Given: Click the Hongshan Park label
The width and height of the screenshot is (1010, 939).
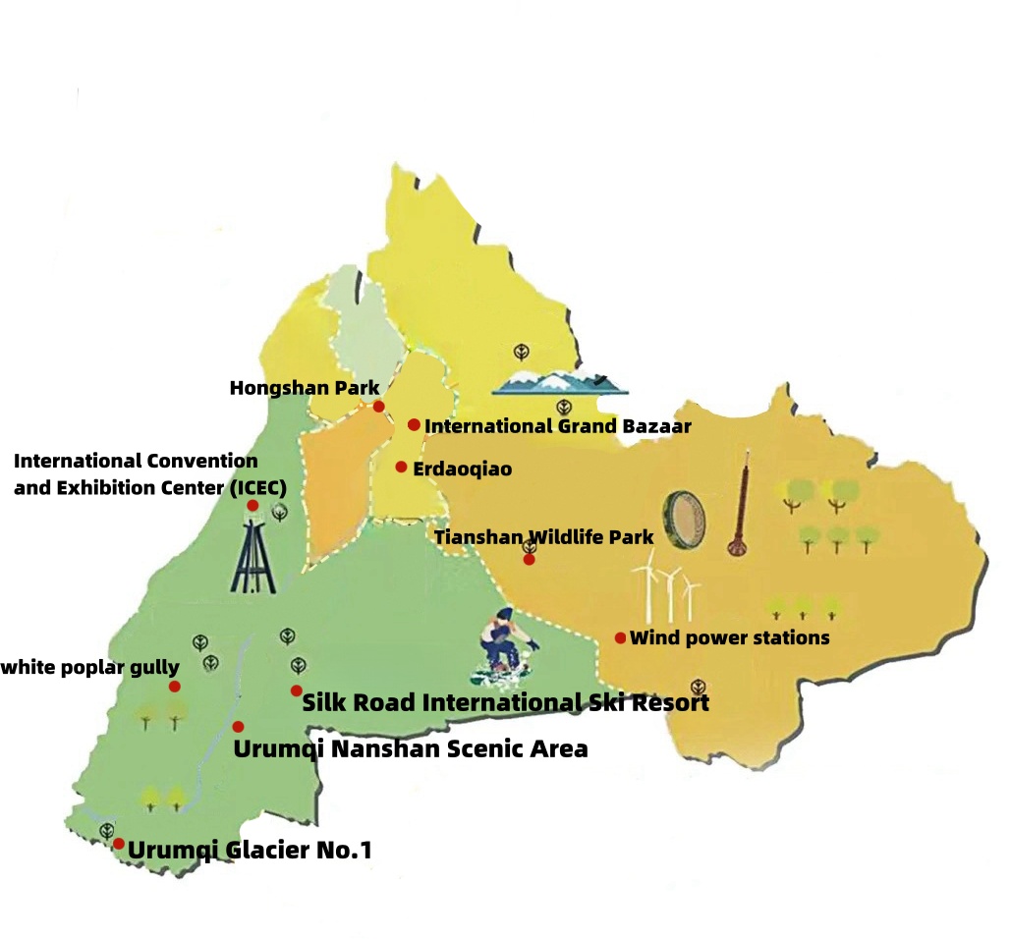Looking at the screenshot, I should click(304, 388).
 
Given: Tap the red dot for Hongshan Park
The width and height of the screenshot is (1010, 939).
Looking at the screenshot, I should click(378, 406).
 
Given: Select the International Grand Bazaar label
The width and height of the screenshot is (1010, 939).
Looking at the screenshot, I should click(558, 426).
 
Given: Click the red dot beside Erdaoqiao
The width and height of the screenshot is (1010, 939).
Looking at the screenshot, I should click(401, 467).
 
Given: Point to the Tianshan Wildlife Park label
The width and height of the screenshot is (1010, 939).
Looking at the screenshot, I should click(543, 537).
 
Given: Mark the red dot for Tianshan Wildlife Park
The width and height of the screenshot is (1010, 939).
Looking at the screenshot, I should click(529, 560).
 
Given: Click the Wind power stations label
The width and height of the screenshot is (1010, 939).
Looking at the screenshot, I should click(729, 638).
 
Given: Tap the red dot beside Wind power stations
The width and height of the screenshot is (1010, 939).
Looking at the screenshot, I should click(620, 637).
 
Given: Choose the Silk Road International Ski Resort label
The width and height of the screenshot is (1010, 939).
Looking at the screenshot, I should click(505, 703).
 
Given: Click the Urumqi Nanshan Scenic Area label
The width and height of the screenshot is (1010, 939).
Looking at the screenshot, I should click(410, 749).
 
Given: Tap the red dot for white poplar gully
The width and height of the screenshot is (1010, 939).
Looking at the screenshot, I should click(174, 686).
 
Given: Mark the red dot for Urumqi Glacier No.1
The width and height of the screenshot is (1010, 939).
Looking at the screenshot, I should click(119, 844).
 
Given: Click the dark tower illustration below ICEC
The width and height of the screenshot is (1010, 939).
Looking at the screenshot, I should click(252, 557).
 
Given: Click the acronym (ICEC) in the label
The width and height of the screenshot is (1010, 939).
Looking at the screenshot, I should click(258, 487).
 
